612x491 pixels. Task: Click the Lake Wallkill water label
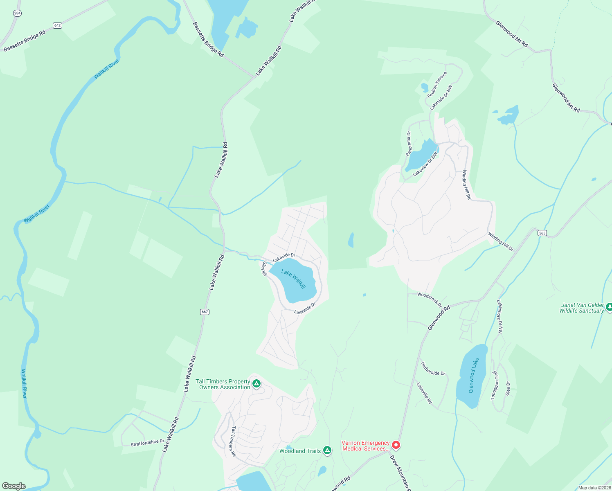[293, 279]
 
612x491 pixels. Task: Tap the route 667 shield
[205, 312]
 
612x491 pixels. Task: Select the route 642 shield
[57, 25]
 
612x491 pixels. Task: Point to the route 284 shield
[17, 13]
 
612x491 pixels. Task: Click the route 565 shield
[542, 233]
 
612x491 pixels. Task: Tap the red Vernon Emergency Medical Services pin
[396, 445]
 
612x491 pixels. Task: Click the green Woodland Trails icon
[327, 450]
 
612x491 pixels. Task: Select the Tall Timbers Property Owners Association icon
[256, 383]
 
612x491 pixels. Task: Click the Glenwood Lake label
[473, 375]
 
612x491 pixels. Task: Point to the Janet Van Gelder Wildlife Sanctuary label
[581, 308]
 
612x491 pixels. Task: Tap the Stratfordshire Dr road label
[147, 443]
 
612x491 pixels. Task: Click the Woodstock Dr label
[430, 299]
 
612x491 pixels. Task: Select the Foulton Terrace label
[437, 85]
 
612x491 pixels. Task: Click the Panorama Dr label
[408, 143]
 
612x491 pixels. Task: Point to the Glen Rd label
[264, 268]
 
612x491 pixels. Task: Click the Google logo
[13, 486]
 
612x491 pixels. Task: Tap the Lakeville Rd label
[424, 393]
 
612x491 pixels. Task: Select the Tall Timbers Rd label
[234, 441]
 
